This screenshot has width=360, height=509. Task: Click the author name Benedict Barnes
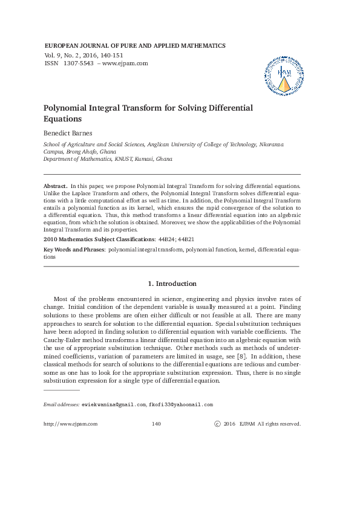point(68,133)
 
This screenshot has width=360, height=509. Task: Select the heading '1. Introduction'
point(172,284)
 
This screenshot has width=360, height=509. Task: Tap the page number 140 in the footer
point(156,424)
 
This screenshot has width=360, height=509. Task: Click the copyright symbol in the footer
point(218,424)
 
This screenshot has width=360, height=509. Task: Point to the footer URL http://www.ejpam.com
point(70,424)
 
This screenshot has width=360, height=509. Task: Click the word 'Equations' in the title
point(64,119)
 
